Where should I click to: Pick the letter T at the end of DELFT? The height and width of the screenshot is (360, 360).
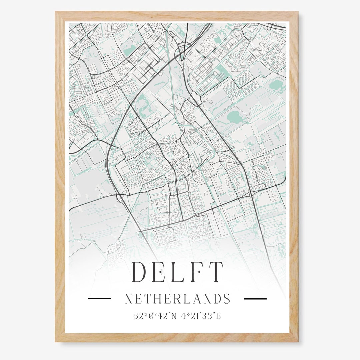pos(217,272)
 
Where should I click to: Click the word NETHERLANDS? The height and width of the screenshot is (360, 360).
pos(177,299)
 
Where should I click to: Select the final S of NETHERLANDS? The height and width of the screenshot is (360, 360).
pos(227,299)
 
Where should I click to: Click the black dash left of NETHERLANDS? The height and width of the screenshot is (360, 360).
pos(99,299)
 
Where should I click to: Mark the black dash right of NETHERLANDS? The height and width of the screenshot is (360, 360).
pos(255,299)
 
